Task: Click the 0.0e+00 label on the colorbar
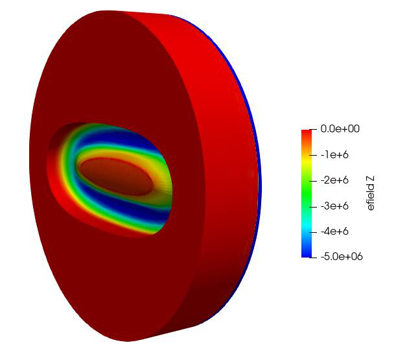click(x=340, y=128)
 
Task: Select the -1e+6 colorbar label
click(x=334, y=155)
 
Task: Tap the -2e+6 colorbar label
click(x=334, y=180)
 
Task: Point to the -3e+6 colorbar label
click(x=334, y=206)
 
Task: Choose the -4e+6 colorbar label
click(x=334, y=232)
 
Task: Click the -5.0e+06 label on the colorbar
click(x=342, y=257)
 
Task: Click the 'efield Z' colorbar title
click(x=371, y=193)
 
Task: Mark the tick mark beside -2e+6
click(x=313, y=181)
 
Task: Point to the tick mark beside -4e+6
click(x=313, y=232)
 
